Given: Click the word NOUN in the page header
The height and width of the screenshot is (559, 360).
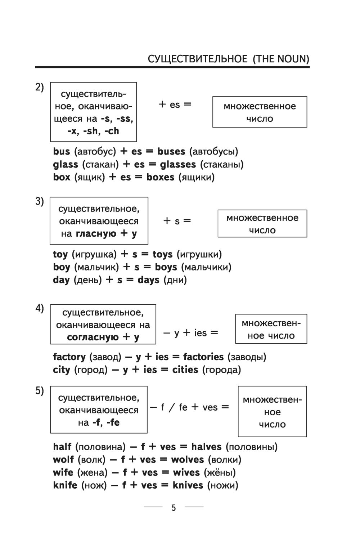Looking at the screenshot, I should tap(291, 59).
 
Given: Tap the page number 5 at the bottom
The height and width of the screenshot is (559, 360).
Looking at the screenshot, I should tap(174, 508).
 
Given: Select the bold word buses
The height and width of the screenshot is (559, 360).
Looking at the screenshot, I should tap(171, 152).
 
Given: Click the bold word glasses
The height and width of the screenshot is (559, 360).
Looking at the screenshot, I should tap(178, 165).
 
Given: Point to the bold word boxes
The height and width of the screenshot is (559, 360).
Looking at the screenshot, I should tap(160, 177).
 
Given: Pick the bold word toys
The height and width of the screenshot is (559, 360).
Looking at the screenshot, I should tap(163, 254).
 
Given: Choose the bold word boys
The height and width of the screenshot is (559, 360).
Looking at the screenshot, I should tap(166, 267).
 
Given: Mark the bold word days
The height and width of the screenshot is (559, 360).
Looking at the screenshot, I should tap(148, 280).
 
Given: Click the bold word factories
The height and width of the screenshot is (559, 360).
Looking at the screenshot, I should tap(203, 357).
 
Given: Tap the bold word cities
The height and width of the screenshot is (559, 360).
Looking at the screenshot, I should tap(185, 370).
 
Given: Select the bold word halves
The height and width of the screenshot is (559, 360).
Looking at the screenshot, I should tap(206, 447).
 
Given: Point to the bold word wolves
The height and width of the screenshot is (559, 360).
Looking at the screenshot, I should tap(188, 460).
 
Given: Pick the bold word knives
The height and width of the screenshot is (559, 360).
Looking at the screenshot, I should tap(188, 486).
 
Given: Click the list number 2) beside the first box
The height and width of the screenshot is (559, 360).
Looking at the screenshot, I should tap(39, 87).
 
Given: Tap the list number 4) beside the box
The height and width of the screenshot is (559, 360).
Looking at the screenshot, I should tap(39, 309).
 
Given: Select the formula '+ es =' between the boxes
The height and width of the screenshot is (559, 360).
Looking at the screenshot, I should tap(175, 104).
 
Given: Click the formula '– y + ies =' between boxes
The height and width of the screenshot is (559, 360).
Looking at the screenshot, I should tap(191, 333).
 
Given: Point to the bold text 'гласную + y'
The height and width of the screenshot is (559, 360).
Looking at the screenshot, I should tap(106, 234).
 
